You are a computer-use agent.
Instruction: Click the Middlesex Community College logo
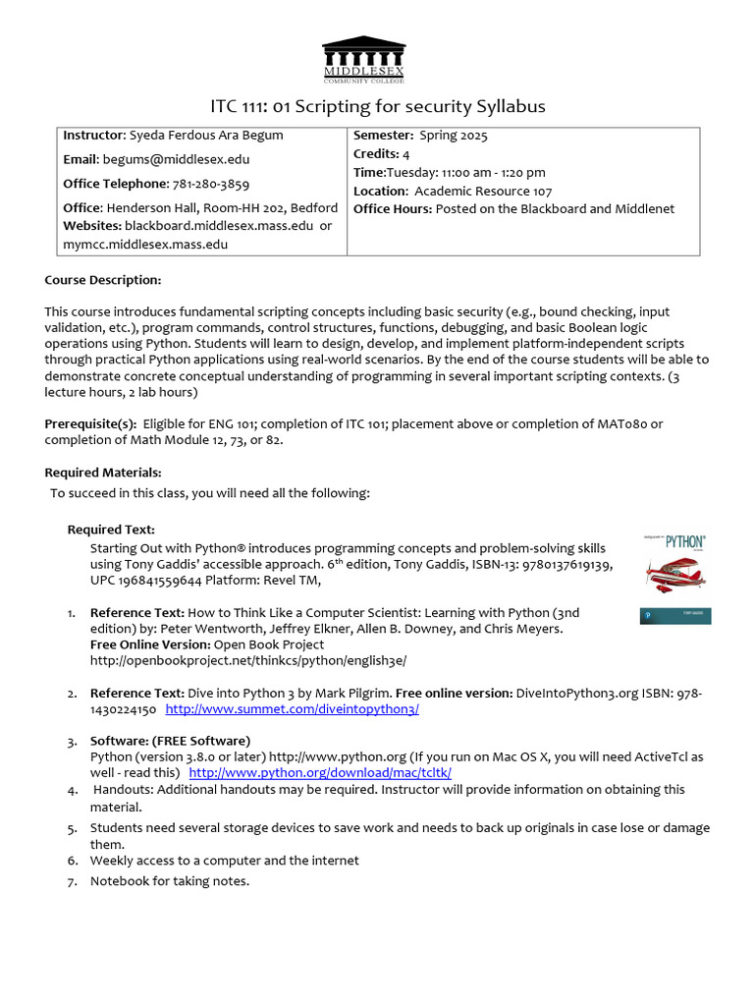pyautogui.click(x=363, y=60)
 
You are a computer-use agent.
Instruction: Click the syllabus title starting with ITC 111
pyautogui.click(x=378, y=106)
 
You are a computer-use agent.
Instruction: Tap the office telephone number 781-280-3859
pyautogui.click(x=211, y=184)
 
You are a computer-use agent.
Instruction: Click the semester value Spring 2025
pyautogui.click(x=449, y=136)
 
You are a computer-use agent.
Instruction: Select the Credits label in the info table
pyautogui.click(x=374, y=154)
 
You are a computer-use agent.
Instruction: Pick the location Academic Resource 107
pyautogui.click(x=483, y=191)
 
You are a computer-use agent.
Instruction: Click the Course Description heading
pyautogui.click(x=102, y=280)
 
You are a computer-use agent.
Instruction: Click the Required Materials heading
pyautogui.click(x=102, y=473)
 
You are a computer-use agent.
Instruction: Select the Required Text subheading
pyautogui.click(x=111, y=530)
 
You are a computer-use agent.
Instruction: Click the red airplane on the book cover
pyautogui.click(x=675, y=571)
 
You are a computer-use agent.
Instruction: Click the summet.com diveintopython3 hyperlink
pyautogui.click(x=293, y=708)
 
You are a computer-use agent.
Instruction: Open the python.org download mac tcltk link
pyautogui.click(x=320, y=772)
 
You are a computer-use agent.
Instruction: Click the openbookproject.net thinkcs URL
pyautogui.click(x=248, y=660)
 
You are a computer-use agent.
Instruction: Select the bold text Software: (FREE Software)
pyautogui.click(x=170, y=740)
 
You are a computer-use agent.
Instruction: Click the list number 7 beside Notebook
pyautogui.click(x=72, y=880)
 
